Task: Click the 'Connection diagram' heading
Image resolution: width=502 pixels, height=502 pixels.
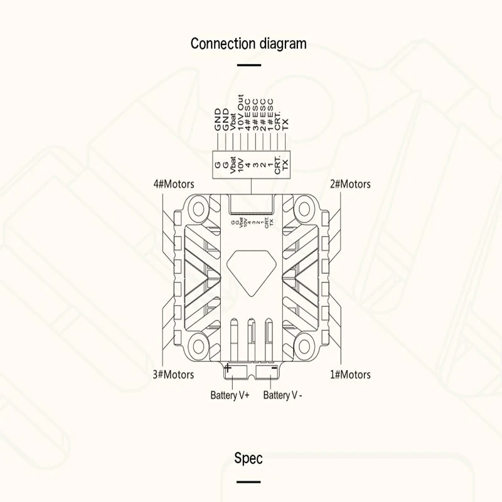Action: pyautogui.click(x=248, y=43)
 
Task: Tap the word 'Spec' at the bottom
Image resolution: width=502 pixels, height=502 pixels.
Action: pyautogui.click(x=248, y=458)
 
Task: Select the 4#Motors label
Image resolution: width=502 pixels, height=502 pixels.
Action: pyautogui.click(x=174, y=184)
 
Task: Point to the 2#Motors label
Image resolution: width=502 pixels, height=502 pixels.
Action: pyautogui.click(x=350, y=184)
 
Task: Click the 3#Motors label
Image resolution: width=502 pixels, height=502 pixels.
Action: pyautogui.click(x=174, y=375)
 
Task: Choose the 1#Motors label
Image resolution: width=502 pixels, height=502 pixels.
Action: pyautogui.click(x=350, y=375)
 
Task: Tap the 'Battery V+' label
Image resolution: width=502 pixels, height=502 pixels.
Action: pyautogui.click(x=230, y=395)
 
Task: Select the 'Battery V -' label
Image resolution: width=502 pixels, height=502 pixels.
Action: pyautogui.click(x=283, y=395)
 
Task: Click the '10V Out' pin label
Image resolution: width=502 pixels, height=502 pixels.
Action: pyautogui.click(x=240, y=113)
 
